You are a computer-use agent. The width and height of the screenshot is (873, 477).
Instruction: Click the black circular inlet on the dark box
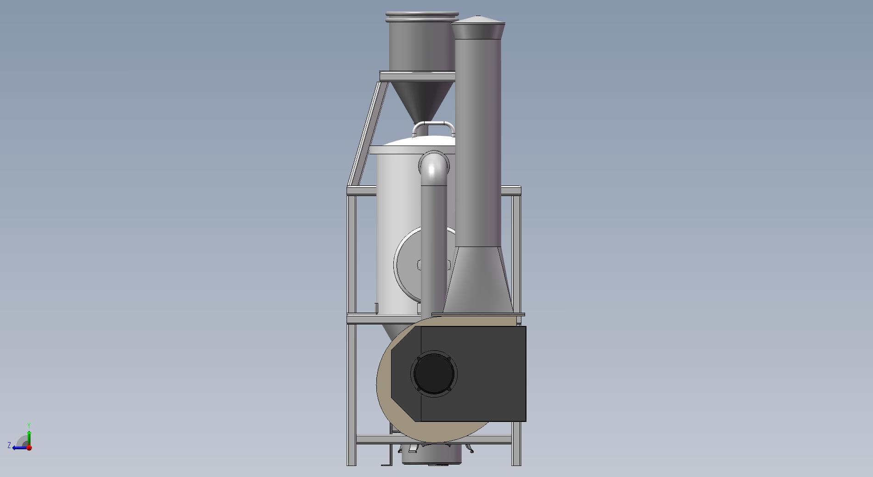[x=434, y=373]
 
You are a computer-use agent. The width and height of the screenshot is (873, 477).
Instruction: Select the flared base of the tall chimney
[x=478, y=280]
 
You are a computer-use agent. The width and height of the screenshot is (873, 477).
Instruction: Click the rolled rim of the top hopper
[x=422, y=16]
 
